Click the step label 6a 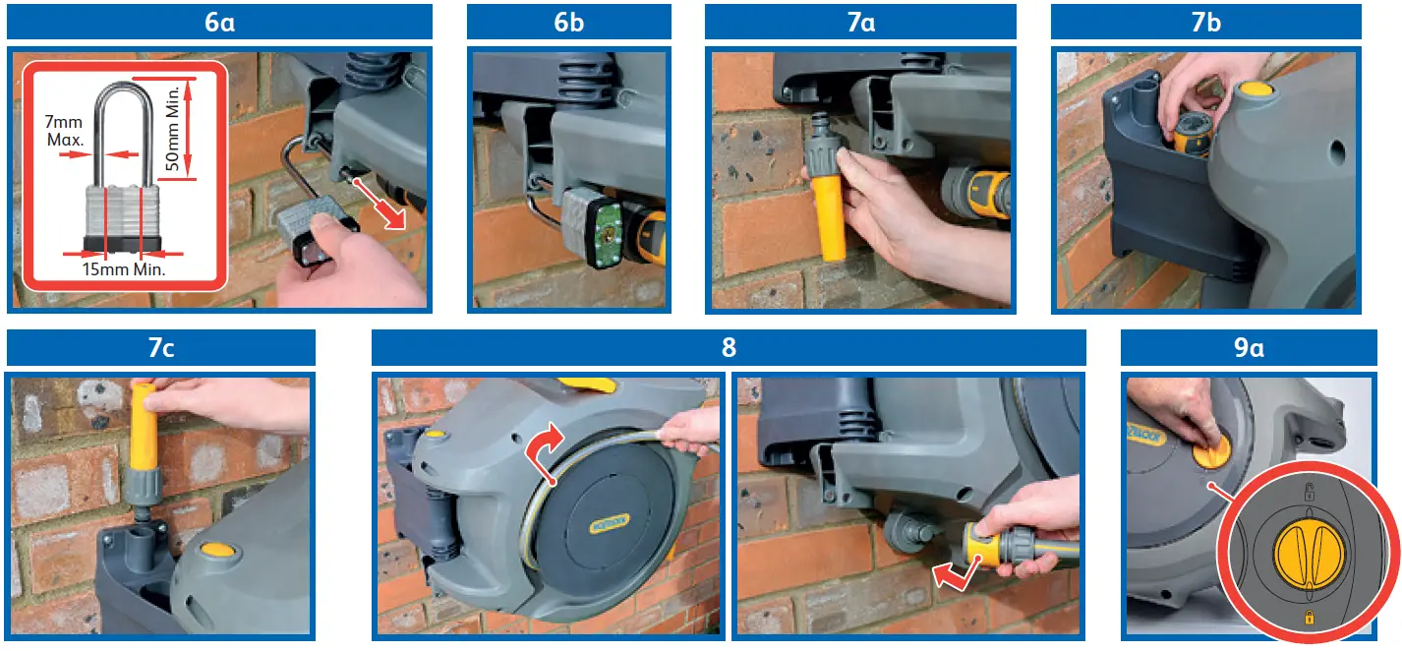tap(219, 22)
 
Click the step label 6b tap(568, 22)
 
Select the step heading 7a tap(860, 22)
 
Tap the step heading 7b tap(1205, 22)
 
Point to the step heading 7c tap(161, 348)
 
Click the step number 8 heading tap(729, 348)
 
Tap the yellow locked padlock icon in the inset tap(1309, 618)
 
